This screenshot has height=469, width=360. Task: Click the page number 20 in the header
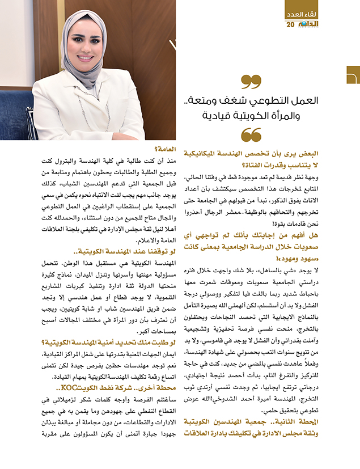(291, 25)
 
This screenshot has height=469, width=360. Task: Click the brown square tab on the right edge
(353, 75)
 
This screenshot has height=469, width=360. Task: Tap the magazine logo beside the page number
(309, 25)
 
